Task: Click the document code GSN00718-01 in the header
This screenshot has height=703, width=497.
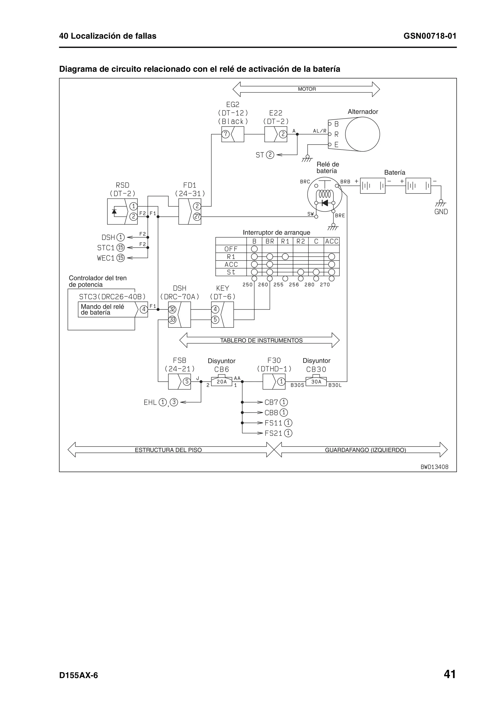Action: tap(430, 36)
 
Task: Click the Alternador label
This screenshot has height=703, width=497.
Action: tap(363, 112)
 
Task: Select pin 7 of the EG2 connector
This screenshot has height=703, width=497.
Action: tap(225, 134)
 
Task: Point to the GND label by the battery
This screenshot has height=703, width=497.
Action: tap(441, 212)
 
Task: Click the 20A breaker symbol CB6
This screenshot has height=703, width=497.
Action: tap(222, 381)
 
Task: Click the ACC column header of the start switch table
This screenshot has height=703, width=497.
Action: tap(332, 241)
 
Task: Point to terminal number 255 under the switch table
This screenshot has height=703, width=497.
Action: tap(278, 285)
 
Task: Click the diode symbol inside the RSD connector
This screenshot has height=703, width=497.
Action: tap(114, 211)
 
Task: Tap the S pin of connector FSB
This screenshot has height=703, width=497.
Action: tap(186, 382)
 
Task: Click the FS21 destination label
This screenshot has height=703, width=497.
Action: tap(273, 433)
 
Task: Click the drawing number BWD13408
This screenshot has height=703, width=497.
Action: tap(434, 467)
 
